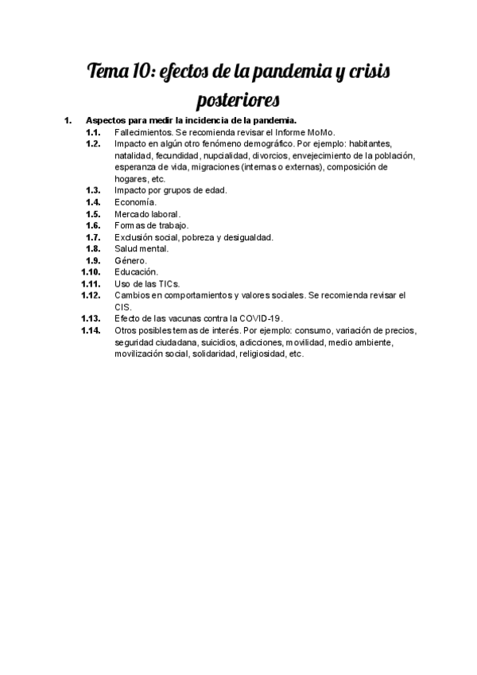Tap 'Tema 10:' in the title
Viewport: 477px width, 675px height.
click(x=122, y=73)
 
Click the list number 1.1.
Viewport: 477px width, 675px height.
click(x=93, y=132)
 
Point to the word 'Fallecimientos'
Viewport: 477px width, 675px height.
click(x=142, y=132)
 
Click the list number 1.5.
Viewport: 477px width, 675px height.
click(x=93, y=214)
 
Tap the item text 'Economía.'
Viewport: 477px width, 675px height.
click(x=136, y=202)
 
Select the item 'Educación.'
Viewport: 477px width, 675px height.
click(x=137, y=272)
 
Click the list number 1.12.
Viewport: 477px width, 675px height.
click(x=91, y=295)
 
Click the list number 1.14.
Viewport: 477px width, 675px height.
click(x=91, y=330)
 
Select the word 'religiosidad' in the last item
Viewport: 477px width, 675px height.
click(x=261, y=354)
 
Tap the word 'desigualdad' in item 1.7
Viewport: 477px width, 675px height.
click(x=246, y=237)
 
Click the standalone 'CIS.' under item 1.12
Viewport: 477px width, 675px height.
click(x=123, y=307)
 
